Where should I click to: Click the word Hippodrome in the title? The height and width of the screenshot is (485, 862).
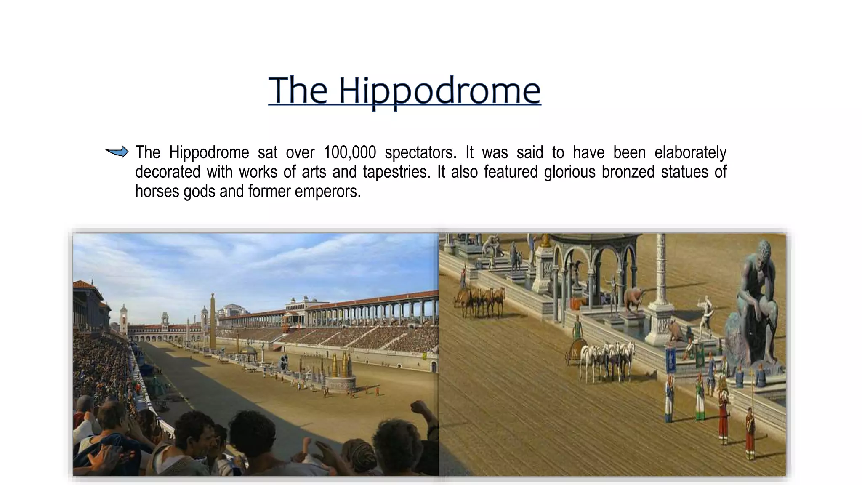click(x=439, y=91)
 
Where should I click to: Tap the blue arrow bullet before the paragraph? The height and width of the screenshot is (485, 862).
click(x=117, y=152)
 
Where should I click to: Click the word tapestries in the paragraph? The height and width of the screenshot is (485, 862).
click(x=396, y=172)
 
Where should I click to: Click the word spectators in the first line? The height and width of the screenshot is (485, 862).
click(x=420, y=152)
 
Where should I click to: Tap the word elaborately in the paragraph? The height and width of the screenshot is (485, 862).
click(x=690, y=152)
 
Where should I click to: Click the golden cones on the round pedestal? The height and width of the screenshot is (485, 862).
click(x=340, y=365)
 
